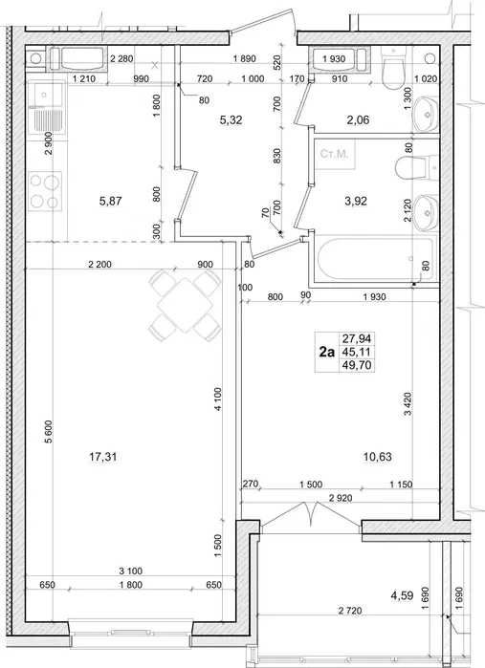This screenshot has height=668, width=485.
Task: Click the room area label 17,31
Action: click(x=102, y=457)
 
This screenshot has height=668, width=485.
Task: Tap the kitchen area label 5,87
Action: click(x=110, y=201)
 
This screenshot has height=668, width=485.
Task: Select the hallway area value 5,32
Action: click(x=231, y=120)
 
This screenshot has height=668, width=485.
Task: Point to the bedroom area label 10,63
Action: click(x=378, y=457)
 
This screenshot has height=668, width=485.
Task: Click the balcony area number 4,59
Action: click(x=402, y=595)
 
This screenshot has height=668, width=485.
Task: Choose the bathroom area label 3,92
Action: click(x=356, y=201)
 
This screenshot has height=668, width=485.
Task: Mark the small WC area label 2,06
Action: click(x=357, y=120)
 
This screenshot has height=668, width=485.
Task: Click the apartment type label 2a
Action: click(x=327, y=352)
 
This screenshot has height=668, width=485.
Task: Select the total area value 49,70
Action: click(x=357, y=365)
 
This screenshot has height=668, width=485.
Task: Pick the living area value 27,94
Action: click(x=357, y=338)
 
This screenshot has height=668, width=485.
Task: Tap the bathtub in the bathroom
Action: click(x=376, y=259)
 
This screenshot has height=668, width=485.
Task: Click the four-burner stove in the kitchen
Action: click(x=45, y=191)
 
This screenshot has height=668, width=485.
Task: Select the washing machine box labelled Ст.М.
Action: click(x=334, y=154)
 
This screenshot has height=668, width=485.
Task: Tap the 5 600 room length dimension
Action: click(x=48, y=432)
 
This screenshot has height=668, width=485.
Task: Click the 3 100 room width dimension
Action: click(x=130, y=571)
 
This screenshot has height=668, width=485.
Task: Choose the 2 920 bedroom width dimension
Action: click(x=341, y=497)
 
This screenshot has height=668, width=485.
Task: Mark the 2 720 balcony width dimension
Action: click(x=350, y=611)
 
